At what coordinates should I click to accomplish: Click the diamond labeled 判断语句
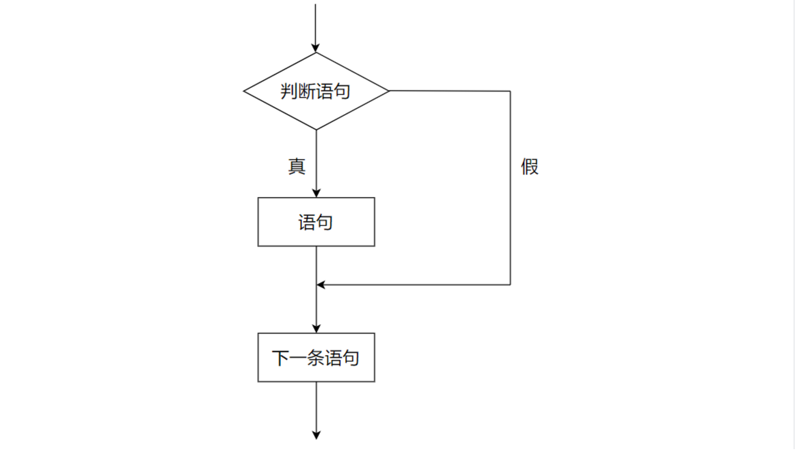[316, 91]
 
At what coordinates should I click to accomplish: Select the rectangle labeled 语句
[316, 222]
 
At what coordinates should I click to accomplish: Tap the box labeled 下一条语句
[316, 358]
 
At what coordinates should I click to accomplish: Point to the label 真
[297, 166]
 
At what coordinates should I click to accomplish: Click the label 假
[530, 166]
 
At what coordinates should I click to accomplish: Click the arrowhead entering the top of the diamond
[316, 48]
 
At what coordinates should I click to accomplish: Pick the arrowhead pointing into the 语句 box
[316, 193]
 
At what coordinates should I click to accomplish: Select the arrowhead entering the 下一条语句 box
[316, 328]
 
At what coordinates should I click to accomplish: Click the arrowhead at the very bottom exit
[316, 435]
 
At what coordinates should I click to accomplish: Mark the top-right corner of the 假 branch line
[510, 91]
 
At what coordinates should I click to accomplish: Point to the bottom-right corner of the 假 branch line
[510, 284]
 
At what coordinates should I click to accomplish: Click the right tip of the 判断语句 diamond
[389, 91]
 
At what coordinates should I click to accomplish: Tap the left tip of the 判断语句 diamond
[244, 91]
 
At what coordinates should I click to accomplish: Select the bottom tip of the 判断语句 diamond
[316, 129]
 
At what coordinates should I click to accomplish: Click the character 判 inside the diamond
[289, 92]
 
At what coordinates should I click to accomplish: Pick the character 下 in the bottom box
[280, 358]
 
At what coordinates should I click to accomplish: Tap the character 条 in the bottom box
[315, 358]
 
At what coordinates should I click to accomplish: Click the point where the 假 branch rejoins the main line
[316, 284]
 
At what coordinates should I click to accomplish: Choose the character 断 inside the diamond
[307, 92]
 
